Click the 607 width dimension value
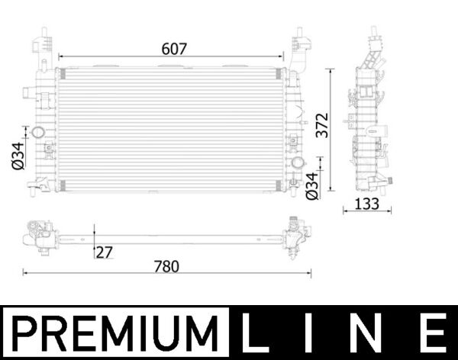(173, 48)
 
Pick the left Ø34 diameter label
(16, 156)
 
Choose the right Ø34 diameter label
(311, 186)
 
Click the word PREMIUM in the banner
(114, 334)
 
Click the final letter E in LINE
(432, 334)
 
